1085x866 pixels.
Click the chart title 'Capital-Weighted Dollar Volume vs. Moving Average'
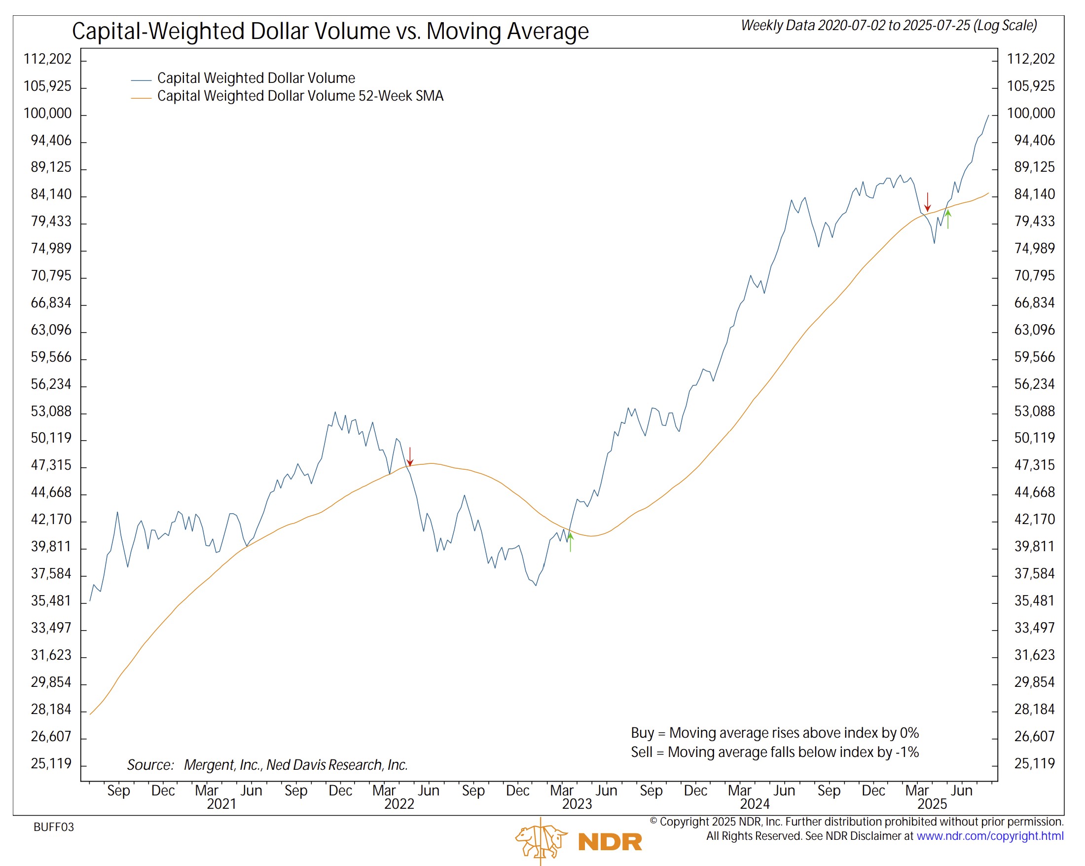330,31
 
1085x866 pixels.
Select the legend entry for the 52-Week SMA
300,96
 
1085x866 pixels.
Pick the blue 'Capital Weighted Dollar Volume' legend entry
255,78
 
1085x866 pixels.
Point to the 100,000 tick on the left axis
48,113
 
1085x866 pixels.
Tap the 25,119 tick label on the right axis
1034,764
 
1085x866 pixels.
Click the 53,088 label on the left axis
51,412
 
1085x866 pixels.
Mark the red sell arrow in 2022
410,456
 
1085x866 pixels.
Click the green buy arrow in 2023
571,542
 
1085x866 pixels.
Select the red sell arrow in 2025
928,202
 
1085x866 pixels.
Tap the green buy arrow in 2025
948,220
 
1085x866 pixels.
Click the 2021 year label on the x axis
221,804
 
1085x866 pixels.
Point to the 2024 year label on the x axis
755,804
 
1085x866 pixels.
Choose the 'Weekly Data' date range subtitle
889,26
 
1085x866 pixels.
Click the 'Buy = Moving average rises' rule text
774,733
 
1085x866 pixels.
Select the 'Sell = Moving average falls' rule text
774,752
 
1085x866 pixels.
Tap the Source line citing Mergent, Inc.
267,765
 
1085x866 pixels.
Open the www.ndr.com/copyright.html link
989,836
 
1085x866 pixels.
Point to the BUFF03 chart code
54,827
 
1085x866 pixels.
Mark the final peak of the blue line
988,115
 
